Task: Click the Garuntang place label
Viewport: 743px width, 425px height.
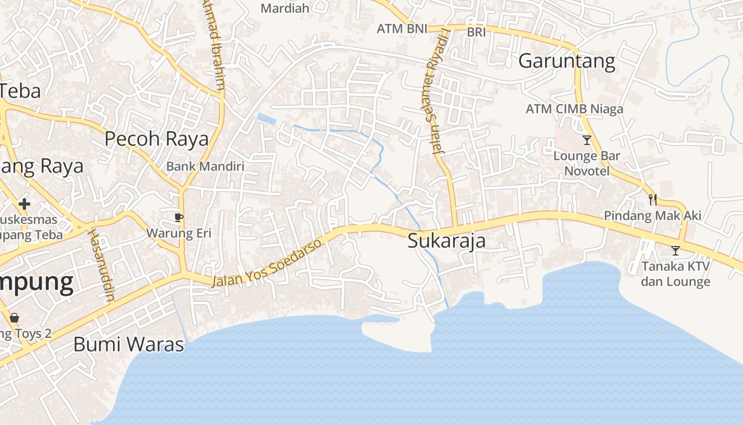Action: [x=566, y=61]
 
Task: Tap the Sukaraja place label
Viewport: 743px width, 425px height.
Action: [x=446, y=241]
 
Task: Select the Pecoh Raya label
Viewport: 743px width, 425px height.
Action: [x=157, y=139]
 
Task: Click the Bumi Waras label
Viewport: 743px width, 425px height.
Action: [x=128, y=344]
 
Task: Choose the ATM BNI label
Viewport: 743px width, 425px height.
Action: [x=402, y=29]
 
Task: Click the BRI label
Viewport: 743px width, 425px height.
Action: [x=476, y=32]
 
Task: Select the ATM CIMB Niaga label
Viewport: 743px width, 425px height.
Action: [x=574, y=109]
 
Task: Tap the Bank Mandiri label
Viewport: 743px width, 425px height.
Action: [x=205, y=166]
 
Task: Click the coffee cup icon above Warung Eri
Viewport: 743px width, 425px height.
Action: [x=179, y=217]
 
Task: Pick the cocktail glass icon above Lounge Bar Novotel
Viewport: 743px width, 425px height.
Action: [x=586, y=140]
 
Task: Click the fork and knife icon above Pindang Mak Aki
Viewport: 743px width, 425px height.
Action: [x=653, y=200]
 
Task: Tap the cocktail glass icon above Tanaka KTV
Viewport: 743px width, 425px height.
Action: [x=675, y=250]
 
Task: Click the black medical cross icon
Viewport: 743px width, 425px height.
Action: [x=24, y=203]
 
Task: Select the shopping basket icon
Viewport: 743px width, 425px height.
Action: [x=14, y=317]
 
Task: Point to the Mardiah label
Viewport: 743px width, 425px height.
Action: [x=285, y=8]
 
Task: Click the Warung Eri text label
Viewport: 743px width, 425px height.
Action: [x=179, y=233]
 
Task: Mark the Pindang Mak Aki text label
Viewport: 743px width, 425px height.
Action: [x=653, y=216]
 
